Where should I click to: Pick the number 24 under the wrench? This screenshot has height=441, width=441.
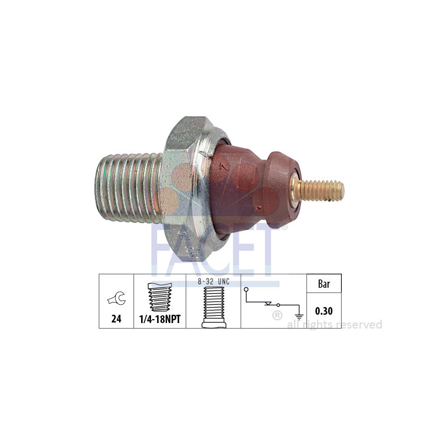116,319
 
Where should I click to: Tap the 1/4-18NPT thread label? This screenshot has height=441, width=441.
160,319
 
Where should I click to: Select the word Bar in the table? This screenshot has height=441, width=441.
324,284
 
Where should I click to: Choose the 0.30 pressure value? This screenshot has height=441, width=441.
324,311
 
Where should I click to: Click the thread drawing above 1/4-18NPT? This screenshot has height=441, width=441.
159,298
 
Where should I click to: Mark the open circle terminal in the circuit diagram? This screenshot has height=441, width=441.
246,290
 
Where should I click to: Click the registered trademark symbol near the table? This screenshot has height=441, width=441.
277,316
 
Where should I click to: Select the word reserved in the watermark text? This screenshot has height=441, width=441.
361,325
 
